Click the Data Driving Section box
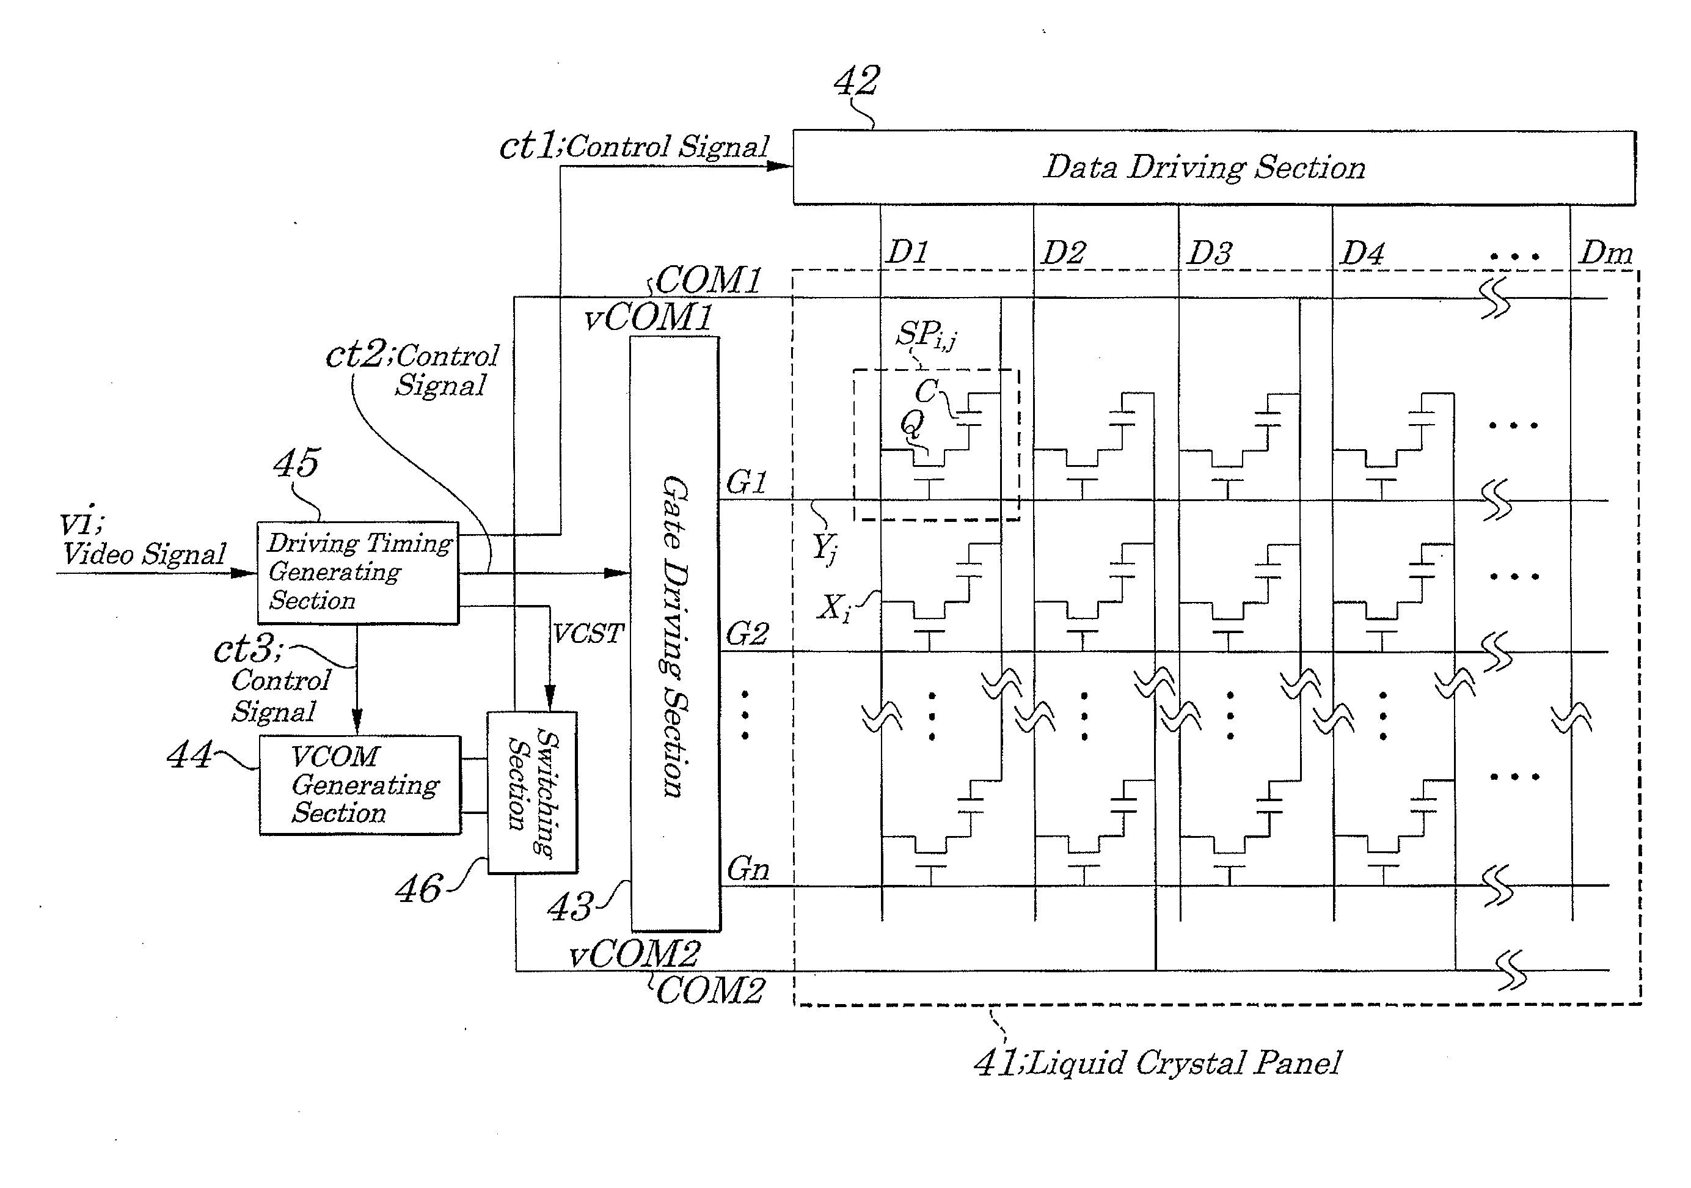tap(1214, 167)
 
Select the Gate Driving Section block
tap(674, 634)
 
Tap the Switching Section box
tap(531, 793)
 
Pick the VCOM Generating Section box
tap(360, 785)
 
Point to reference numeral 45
tap(296, 463)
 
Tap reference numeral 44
tap(189, 755)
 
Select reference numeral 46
tap(419, 889)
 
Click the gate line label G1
tap(747, 483)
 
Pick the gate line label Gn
tap(748, 870)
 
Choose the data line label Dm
tap(1605, 254)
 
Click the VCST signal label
tap(588, 633)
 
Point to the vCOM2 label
tap(635, 955)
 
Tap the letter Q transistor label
tap(912, 424)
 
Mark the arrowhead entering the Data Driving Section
tap(780, 166)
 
